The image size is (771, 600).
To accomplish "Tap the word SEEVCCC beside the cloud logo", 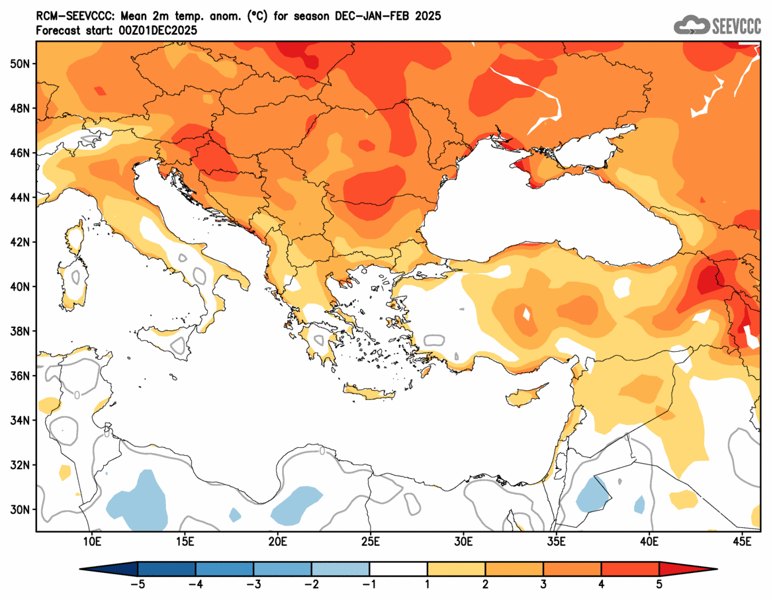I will point(736,26).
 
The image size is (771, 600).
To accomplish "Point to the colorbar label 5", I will point(659,584).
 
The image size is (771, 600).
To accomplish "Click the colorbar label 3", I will point(543,584).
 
